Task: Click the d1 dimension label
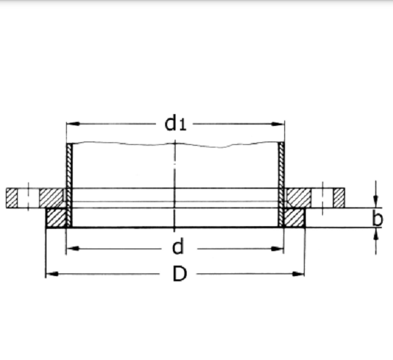click(175, 123)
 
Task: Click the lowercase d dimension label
click(177, 248)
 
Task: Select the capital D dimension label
click(179, 274)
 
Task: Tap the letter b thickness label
click(378, 218)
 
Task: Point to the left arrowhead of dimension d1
click(71, 123)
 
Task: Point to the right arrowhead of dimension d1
click(280, 123)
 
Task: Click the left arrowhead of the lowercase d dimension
click(71, 249)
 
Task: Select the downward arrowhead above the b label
click(376, 203)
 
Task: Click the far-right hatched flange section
click(339, 197)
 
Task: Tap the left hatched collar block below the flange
click(55, 218)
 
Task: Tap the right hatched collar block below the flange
click(295, 218)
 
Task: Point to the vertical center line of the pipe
click(175, 177)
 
